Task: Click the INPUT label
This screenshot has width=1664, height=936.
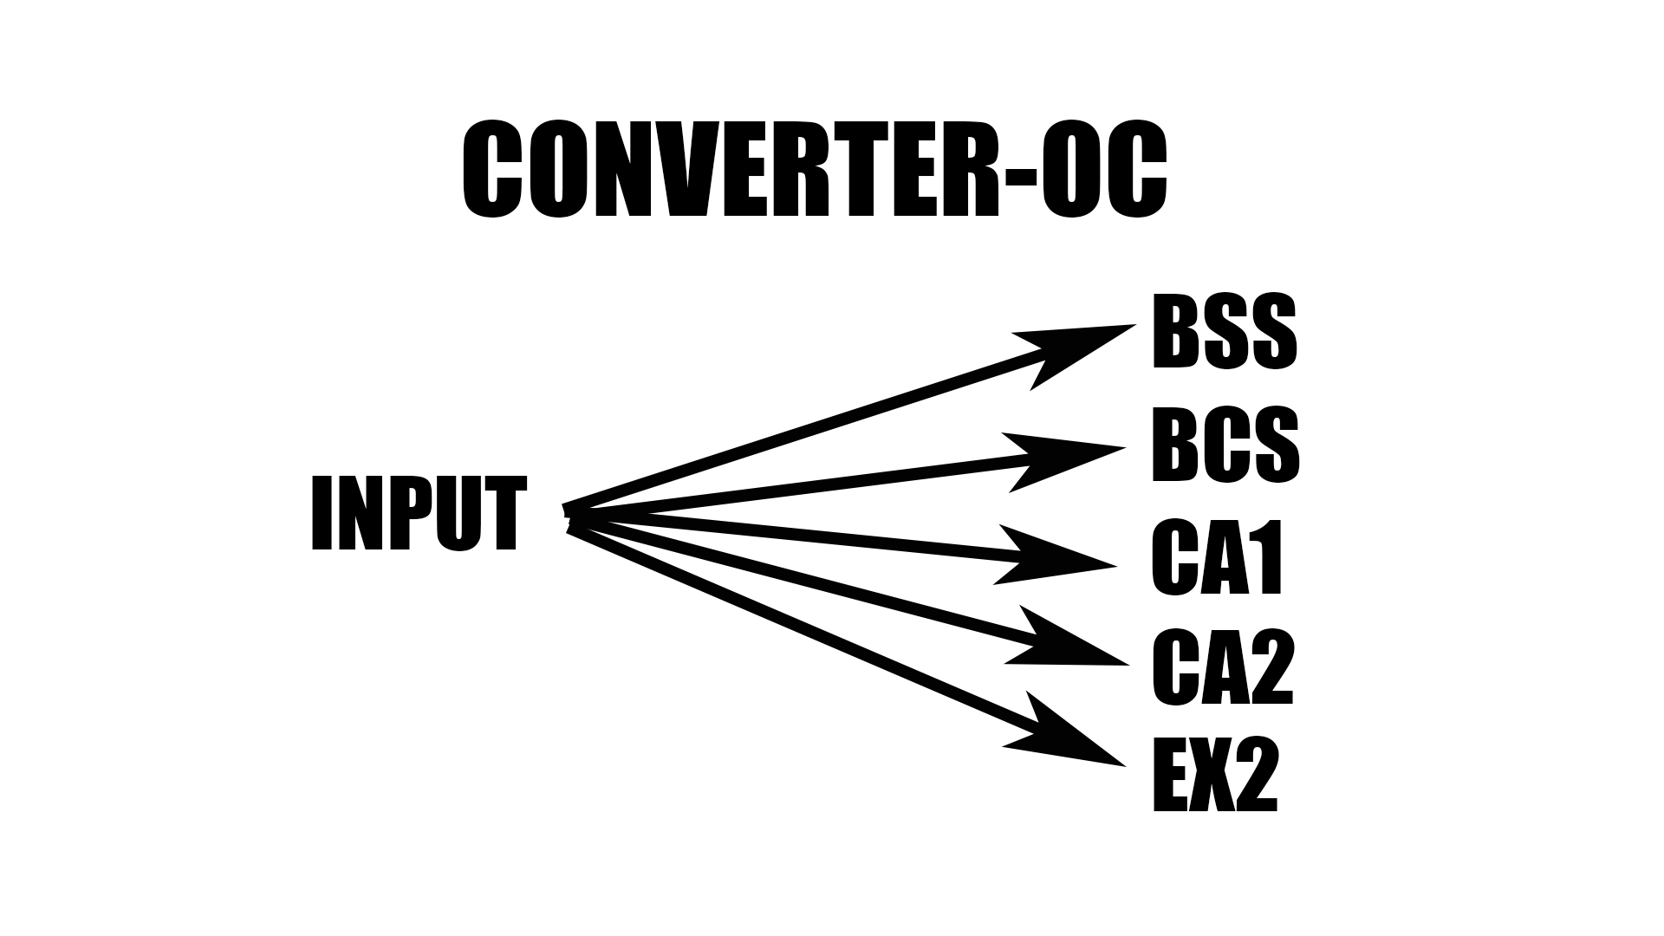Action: [419, 513]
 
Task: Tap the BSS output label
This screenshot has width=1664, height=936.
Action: [1225, 332]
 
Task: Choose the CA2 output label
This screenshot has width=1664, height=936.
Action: [1223, 667]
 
